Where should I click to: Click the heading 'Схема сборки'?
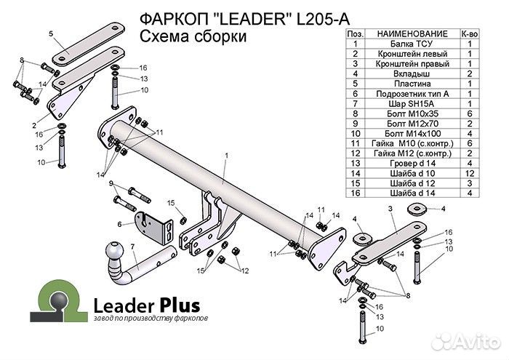click(191, 37)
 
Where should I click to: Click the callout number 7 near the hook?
click(132, 247)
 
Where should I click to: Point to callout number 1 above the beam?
click(226, 156)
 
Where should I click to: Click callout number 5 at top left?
click(51, 33)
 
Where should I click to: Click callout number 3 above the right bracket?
click(390, 209)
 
